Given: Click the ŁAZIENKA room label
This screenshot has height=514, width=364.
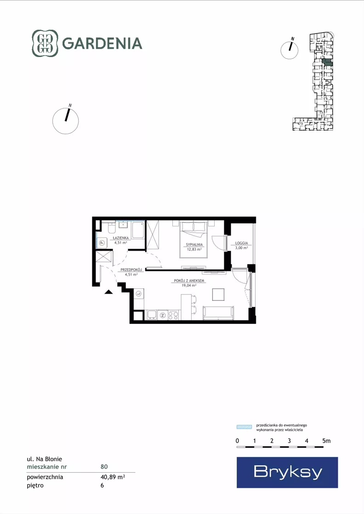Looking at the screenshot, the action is point(121,238).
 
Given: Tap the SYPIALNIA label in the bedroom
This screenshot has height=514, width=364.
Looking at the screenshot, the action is point(194,244).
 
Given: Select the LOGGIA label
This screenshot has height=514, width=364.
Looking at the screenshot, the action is point(241,243).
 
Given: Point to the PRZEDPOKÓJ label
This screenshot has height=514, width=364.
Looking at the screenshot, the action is point(131,270).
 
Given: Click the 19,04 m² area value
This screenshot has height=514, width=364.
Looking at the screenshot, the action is point(189,286).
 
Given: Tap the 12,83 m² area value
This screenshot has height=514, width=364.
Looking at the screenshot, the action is point(194,249).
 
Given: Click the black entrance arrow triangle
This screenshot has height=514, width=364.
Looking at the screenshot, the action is point(108,292).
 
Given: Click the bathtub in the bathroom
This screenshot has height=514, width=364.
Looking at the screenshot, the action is point(138,230).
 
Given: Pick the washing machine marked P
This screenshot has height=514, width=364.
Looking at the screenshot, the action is point(102,243).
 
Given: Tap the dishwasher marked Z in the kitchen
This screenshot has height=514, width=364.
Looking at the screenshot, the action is point(162,315).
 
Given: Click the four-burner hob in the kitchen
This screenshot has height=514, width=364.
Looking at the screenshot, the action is point(173,315).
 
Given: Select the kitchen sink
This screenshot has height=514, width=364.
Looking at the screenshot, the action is point(151,315).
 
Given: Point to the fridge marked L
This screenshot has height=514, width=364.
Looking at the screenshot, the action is point(139,294).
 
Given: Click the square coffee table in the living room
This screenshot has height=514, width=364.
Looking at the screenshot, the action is point(218,294).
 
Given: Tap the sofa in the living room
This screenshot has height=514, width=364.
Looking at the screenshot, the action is point(218,313).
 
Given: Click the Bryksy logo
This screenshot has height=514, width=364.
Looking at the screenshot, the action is point(287,472).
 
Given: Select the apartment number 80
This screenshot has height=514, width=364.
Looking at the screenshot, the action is point(104,467).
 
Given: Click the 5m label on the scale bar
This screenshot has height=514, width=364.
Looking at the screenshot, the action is point(326,441).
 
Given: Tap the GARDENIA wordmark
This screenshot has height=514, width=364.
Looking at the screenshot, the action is point(102,43).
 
